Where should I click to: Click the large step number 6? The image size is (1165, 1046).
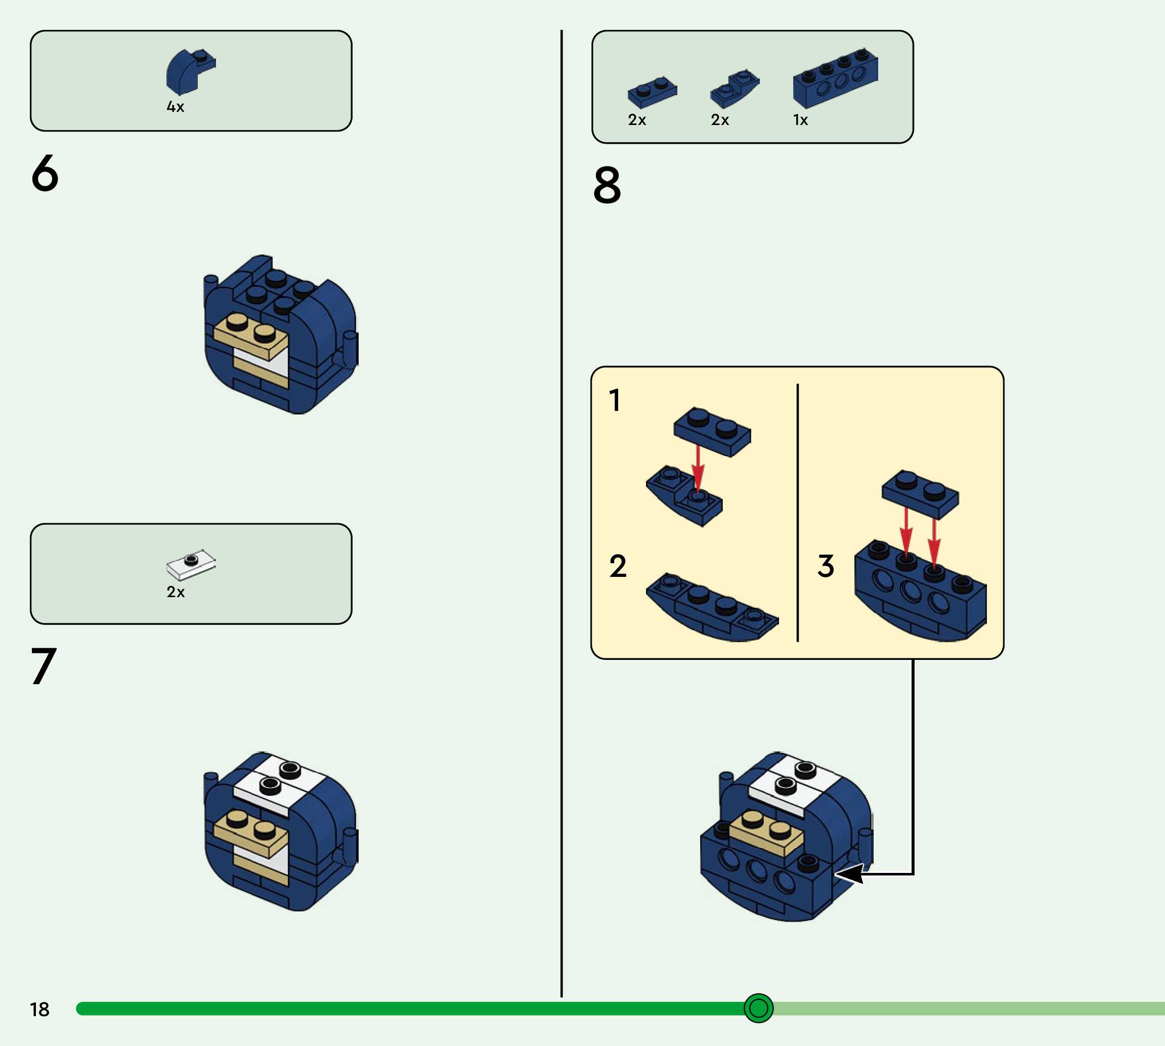(x=45, y=173)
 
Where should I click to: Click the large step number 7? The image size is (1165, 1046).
(x=44, y=666)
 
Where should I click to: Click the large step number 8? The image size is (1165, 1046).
(x=607, y=185)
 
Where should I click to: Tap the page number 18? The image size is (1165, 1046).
(x=39, y=1010)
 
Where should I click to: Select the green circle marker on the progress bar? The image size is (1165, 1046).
(x=758, y=1008)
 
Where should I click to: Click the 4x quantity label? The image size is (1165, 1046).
(x=175, y=107)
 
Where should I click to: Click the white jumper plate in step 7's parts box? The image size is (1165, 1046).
(x=191, y=564)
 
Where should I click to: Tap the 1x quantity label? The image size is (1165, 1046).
(x=800, y=120)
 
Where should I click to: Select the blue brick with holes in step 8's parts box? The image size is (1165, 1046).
(x=835, y=79)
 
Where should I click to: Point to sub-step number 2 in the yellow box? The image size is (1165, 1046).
(x=618, y=566)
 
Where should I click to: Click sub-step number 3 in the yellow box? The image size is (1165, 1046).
(x=826, y=566)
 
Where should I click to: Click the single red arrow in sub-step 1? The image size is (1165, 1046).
(x=698, y=466)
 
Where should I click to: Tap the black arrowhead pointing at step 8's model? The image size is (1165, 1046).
(x=849, y=874)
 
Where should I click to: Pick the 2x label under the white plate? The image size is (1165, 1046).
(x=176, y=592)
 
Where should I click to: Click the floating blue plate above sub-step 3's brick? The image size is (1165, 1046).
(x=920, y=493)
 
